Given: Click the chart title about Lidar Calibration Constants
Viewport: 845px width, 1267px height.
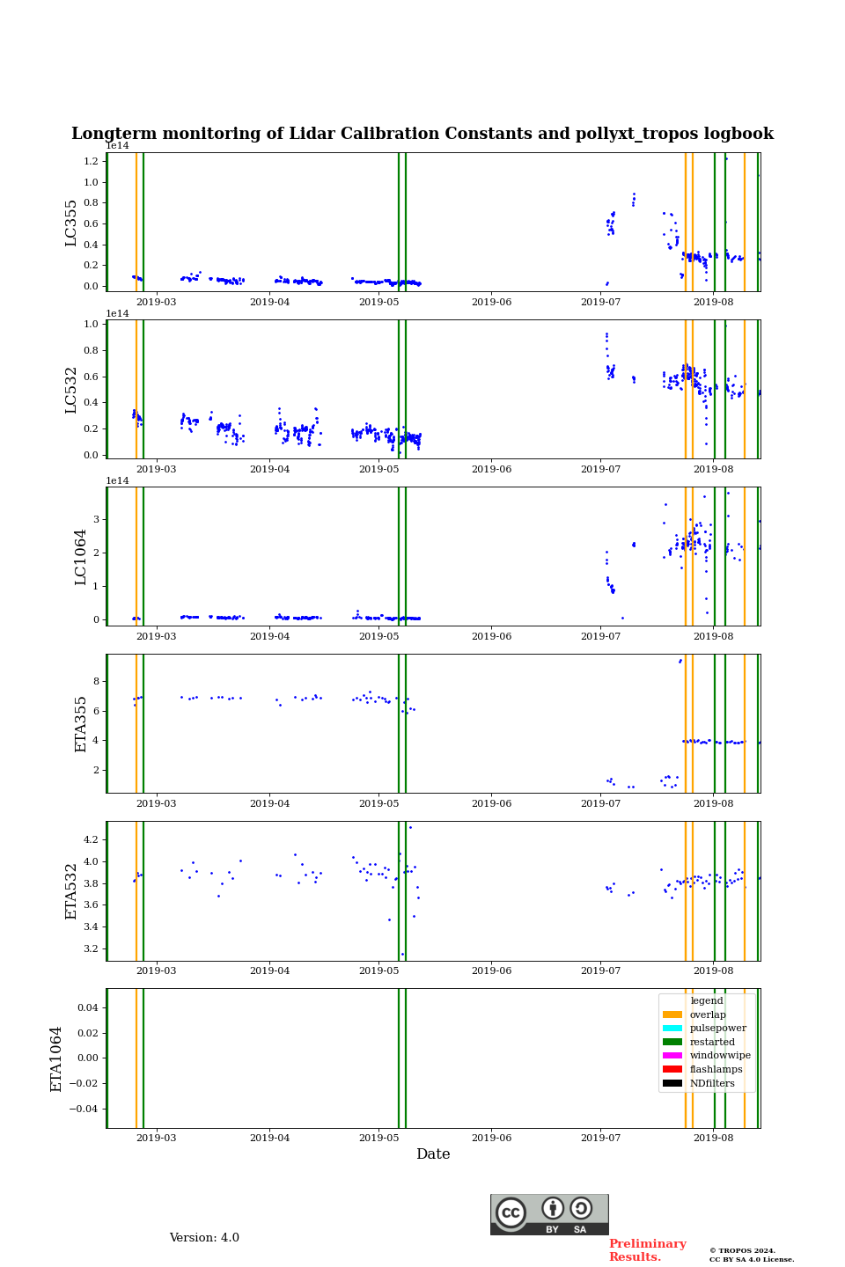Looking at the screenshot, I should (422, 134).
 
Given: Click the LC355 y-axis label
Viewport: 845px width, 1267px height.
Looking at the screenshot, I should (71, 223).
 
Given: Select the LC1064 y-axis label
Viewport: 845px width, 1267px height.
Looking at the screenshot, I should (81, 557).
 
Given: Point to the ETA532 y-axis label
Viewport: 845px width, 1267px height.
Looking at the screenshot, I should (71, 891).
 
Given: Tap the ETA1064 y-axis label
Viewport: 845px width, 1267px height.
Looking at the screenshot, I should (56, 1058).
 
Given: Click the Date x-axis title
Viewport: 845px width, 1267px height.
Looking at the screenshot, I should (433, 1154).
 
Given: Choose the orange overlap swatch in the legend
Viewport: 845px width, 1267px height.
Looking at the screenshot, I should (672, 1014).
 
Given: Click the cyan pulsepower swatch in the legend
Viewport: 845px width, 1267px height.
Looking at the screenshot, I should (672, 1029).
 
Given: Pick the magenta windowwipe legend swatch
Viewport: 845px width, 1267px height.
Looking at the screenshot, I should (672, 1056).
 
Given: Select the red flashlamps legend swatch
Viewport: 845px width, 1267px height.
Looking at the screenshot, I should (672, 1070).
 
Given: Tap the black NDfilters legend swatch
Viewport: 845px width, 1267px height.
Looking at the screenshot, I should (672, 1083).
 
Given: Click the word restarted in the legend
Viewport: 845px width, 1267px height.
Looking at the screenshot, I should (712, 1042).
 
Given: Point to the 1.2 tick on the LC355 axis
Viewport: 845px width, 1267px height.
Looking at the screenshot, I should (92, 161).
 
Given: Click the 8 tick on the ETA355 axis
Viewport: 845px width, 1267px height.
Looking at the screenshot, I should (96, 681).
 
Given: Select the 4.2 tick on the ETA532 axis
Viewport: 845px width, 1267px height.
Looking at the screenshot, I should (92, 840).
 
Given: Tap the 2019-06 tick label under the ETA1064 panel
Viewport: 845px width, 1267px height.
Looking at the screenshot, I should (491, 1139).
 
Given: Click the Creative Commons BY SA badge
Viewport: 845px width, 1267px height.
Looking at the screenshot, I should (549, 1214).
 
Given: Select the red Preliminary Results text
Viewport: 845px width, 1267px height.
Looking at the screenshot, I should (647, 1250).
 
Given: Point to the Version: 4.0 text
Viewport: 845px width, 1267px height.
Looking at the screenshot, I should (204, 1238).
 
